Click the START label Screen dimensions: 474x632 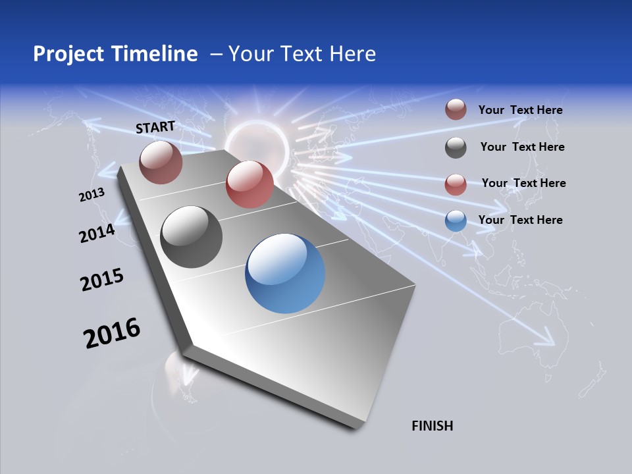pyautogui.click(x=155, y=127)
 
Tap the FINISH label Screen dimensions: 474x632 pyautogui.click(x=432, y=426)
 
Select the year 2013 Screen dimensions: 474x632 pyautogui.click(x=92, y=195)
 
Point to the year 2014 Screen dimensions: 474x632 pyautogui.click(x=97, y=234)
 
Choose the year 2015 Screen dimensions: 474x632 pyautogui.click(x=101, y=280)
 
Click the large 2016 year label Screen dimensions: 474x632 pyautogui.click(x=112, y=333)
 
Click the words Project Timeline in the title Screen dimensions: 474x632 pyautogui.click(x=115, y=54)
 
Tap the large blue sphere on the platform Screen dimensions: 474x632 pyautogui.click(x=285, y=273)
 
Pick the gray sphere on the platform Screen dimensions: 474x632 pyautogui.click(x=191, y=237)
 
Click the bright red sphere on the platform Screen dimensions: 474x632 pyautogui.click(x=250, y=184)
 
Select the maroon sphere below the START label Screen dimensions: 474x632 pyautogui.click(x=161, y=162)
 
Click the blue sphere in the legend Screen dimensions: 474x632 pyautogui.click(x=456, y=221)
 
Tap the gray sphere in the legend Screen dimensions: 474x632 pyautogui.click(x=456, y=147)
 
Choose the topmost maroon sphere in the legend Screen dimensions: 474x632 pyautogui.click(x=456, y=109)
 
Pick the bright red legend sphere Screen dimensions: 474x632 pyautogui.click(x=456, y=184)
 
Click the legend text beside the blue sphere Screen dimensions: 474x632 pyautogui.click(x=520, y=220)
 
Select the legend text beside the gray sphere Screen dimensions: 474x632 pyautogui.click(x=522, y=147)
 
